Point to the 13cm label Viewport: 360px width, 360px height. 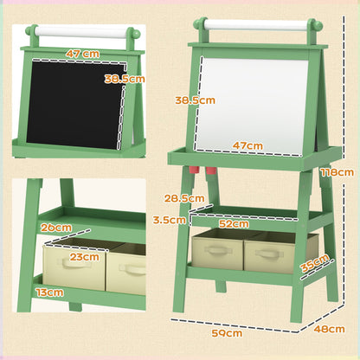[49, 292]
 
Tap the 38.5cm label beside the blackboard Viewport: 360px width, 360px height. [124, 78]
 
